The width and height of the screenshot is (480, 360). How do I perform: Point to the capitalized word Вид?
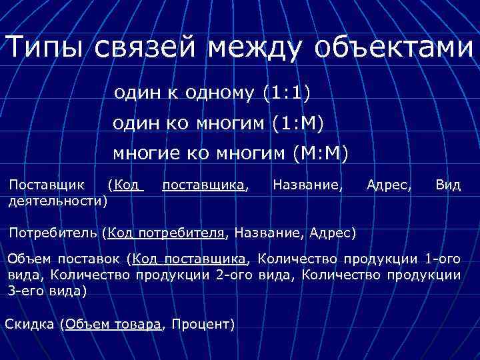[x=447, y=184]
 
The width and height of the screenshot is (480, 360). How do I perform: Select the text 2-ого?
[x=237, y=275]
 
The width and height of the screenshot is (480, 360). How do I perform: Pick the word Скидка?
[x=29, y=325]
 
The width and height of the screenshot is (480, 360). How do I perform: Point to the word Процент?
[x=201, y=325]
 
